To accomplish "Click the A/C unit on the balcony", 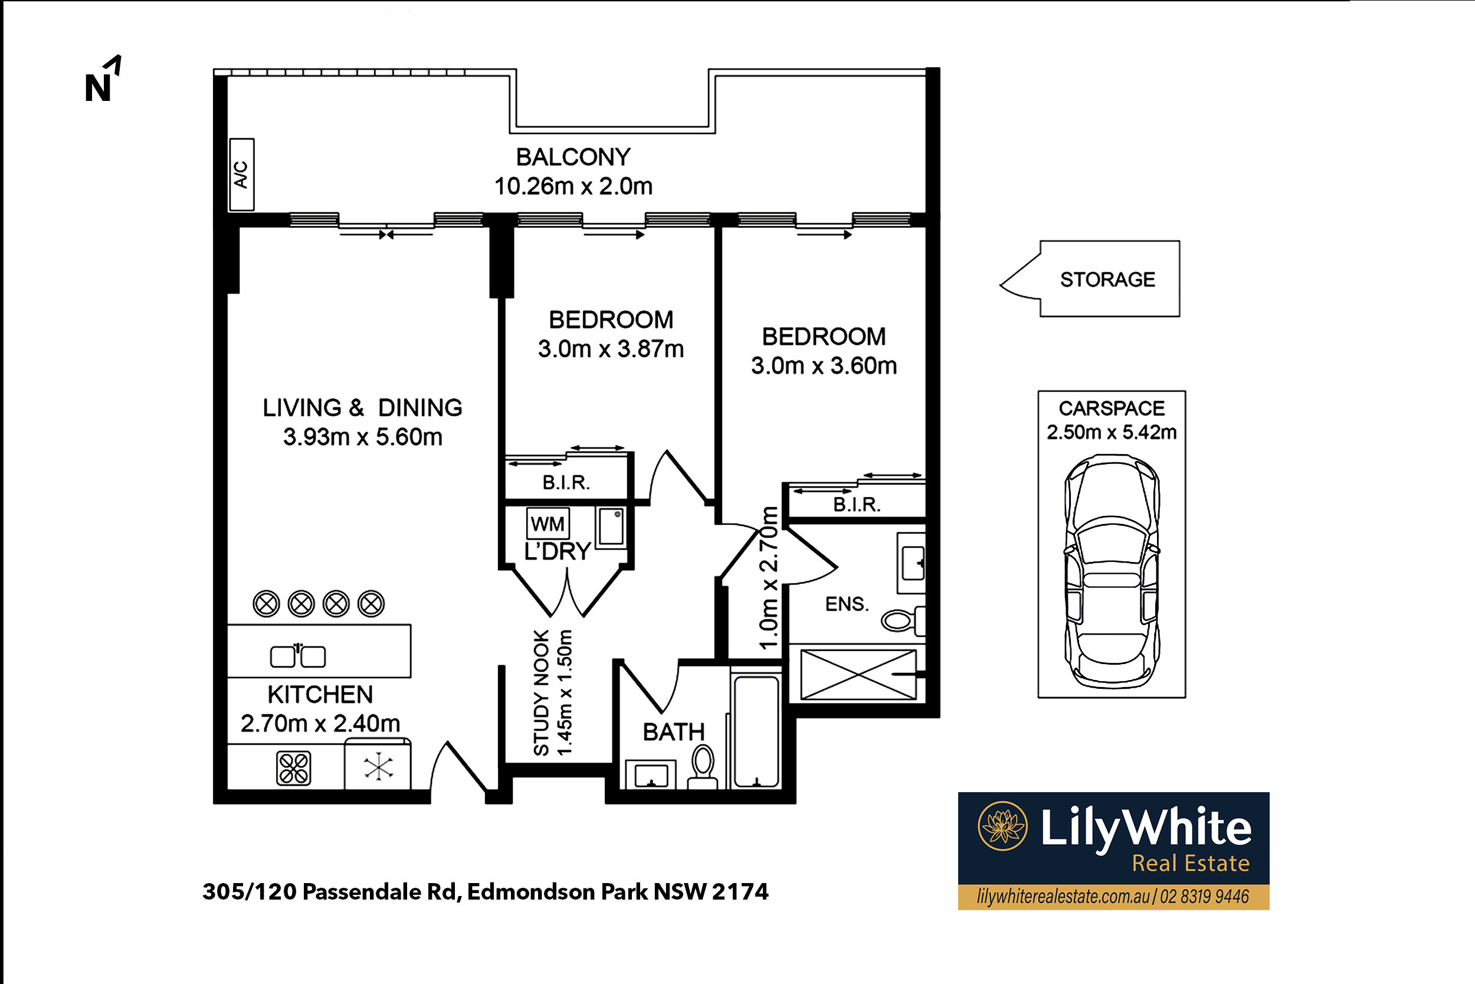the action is pos(241,175).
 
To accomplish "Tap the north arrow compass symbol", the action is pos(103,78).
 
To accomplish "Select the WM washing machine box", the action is pos(548,524).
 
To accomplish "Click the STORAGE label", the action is pos(1107,279).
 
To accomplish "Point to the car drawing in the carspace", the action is pos(1112,571).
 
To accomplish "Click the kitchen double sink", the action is pos(298,656).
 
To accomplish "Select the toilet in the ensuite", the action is pos(903,620).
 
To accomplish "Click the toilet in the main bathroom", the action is pos(703,767).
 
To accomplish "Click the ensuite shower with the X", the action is pos(858,675).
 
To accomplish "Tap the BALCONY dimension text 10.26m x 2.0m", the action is pos(573,187).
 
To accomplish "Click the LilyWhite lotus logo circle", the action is pos(1003,826).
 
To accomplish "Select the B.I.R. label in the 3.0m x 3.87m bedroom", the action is pos(566,483).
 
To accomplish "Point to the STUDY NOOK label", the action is pos(541,693).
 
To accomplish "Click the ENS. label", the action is pos(847,604).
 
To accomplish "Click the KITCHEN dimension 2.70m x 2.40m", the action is pos(320,724).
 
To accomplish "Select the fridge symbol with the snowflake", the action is pos(378,766).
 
